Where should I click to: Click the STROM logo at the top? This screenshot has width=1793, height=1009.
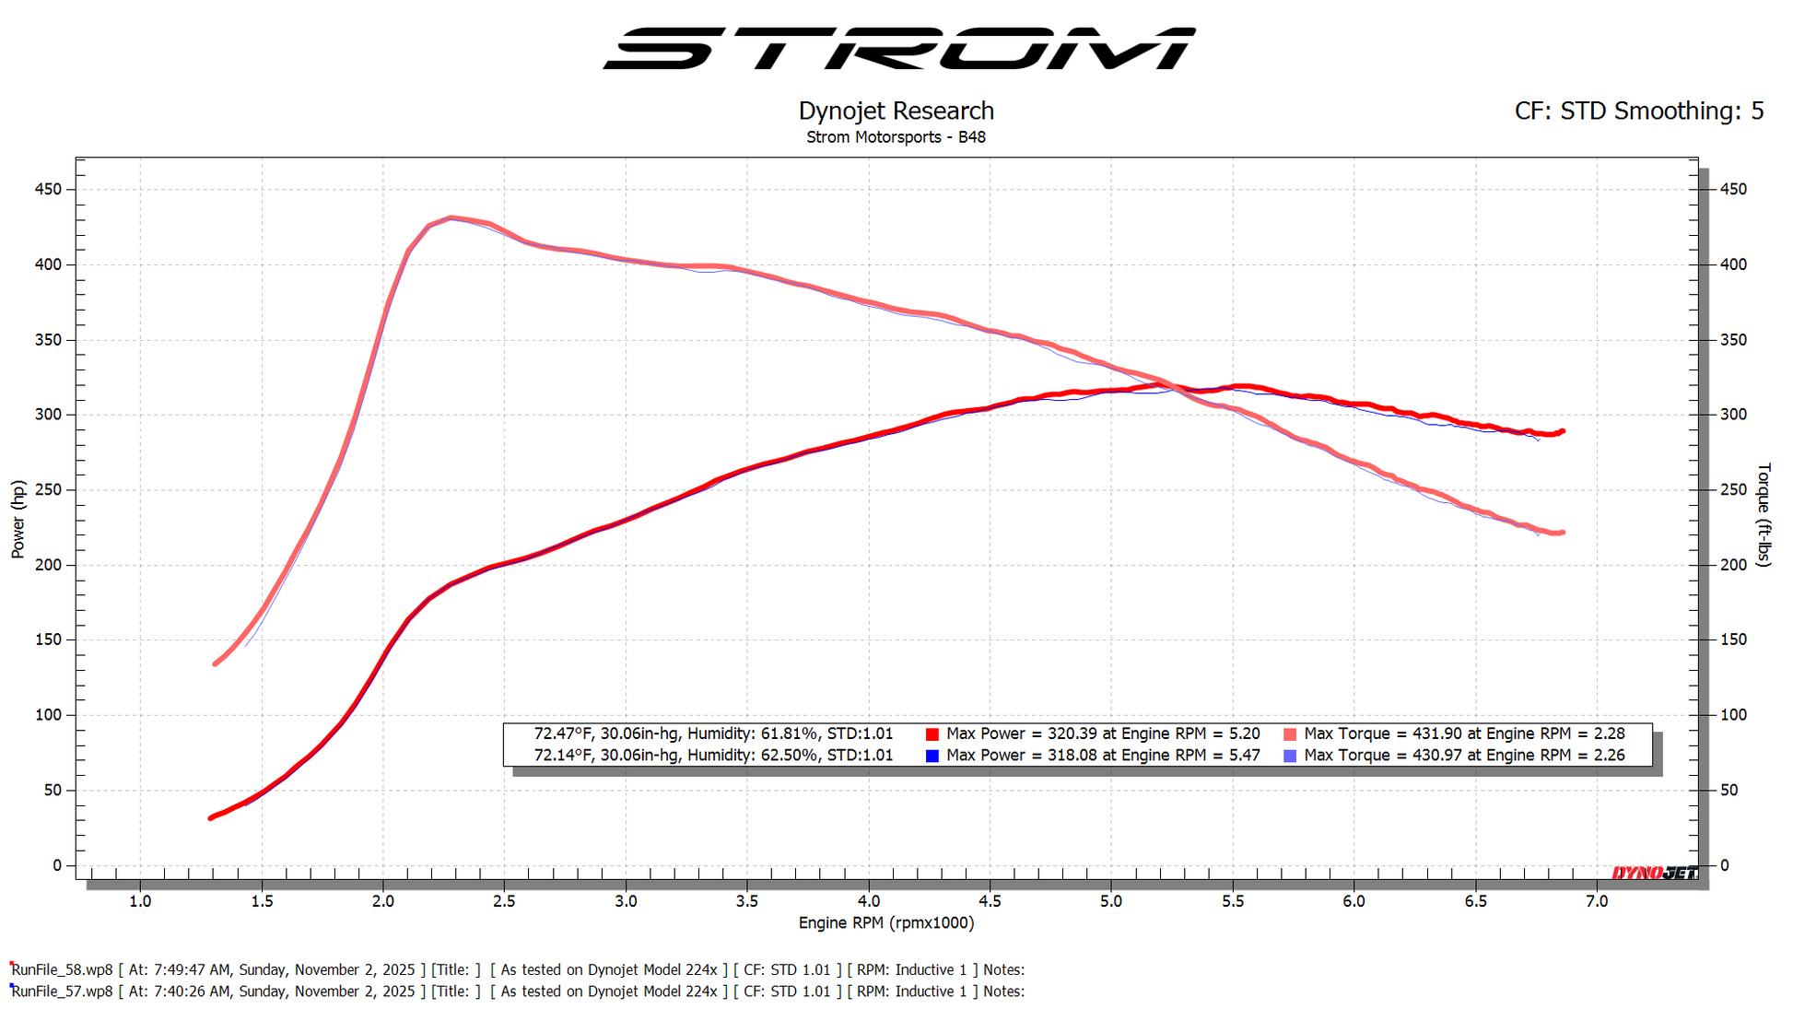[x=898, y=48]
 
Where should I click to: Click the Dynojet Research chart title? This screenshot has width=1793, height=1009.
[x=896, y=111]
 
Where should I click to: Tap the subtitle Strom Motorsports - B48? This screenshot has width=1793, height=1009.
[x=896, y=137]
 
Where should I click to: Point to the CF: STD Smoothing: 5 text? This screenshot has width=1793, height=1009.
[x=1638, y=111]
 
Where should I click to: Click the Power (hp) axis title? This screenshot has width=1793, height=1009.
[x=18, y=519]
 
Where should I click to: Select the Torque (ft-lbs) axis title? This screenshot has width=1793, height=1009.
[x=1764, y=514]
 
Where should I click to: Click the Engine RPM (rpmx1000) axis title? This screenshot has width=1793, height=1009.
[x=885, y=922]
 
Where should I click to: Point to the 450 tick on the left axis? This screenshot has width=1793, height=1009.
[x=48, y=189]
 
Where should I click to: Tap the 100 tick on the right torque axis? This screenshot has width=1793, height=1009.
[x=1733, y=715]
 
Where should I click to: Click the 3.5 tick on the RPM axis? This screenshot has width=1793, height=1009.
[x=747, y=901]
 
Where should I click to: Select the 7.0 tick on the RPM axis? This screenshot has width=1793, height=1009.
[x=1597, y=901]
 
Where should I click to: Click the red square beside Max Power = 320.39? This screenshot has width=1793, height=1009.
[x=932, y=734]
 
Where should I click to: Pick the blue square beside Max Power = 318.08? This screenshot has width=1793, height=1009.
[x=932, y=756]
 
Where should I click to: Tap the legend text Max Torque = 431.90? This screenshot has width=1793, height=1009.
[x=1463, y=733]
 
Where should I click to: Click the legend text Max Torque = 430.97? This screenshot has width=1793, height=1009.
[x=1463, y=756]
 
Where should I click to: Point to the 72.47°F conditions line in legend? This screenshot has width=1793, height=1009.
[x=713, y=733]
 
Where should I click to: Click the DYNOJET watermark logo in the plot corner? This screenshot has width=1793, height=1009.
[x=1654, y=872]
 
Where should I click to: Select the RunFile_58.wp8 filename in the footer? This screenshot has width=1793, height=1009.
[x=62, y=969]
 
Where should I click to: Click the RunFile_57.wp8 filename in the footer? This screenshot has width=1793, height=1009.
[x=62, y=991]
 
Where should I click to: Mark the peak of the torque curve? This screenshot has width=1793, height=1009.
[x=451, y=218]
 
